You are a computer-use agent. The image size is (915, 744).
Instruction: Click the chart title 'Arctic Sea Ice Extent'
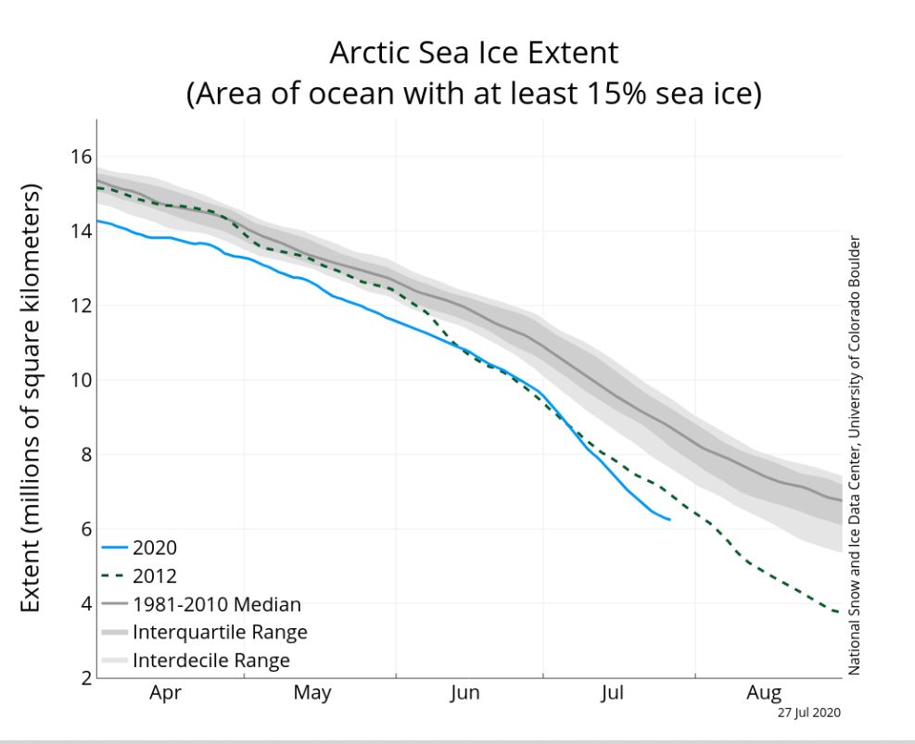tap(473, 53)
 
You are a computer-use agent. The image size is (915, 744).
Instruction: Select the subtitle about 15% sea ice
tap(473, 94)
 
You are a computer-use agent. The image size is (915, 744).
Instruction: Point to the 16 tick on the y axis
tap(81, 157)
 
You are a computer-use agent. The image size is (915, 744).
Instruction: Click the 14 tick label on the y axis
tap(81, 231)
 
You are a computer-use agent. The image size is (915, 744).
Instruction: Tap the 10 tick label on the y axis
tap(81, 380)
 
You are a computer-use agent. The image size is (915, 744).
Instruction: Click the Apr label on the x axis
tap(166, 693)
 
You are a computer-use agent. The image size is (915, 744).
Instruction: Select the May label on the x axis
tap(313, 693)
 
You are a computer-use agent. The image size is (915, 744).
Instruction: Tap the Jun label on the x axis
tap(464, 693)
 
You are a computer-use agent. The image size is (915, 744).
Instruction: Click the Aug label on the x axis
tap(765, 693)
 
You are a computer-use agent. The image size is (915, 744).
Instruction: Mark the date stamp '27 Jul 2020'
tap(808, 712)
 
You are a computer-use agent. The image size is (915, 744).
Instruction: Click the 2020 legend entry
tap(155, 548)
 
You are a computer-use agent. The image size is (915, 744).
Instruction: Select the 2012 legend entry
tap(155, 575)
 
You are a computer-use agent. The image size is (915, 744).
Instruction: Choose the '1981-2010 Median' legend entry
tap(216, 604)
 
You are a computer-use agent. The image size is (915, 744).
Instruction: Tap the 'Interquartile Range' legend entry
tap(220, 633)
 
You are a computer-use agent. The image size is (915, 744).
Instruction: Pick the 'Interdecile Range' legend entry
tap(211, 661)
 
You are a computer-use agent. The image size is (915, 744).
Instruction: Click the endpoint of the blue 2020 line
tap(669, 519)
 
